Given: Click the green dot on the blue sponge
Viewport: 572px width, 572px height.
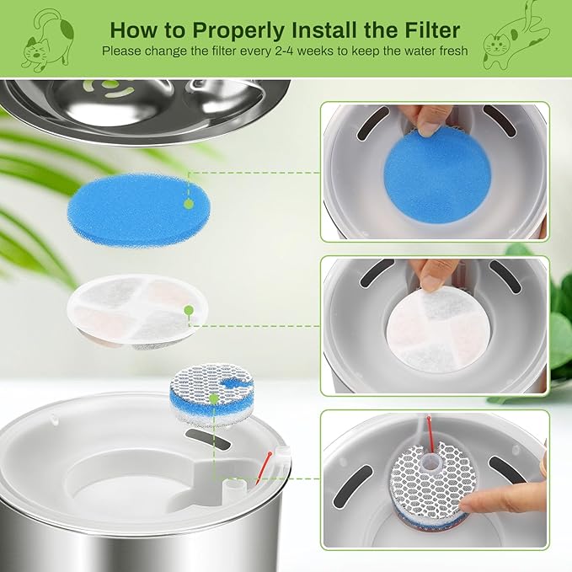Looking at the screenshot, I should [x=189, y=203].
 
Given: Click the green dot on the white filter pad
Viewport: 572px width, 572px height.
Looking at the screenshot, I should [x=190, y=311].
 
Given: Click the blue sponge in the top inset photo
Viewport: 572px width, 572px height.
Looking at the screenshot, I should [x=437, y=179].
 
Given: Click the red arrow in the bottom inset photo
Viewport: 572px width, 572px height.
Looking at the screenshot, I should [x=432, y=430].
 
